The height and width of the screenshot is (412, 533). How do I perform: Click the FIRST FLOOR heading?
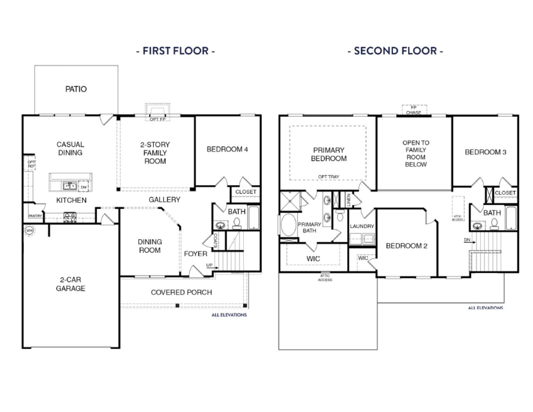(175, 51)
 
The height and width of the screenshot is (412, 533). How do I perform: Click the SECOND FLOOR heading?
(395, 51)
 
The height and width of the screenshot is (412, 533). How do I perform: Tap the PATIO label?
(76, 89)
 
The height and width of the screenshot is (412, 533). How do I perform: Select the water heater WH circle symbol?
(29, 230)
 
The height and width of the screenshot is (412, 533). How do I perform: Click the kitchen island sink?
(70, 186)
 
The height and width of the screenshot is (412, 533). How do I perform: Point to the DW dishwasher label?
(84, 187)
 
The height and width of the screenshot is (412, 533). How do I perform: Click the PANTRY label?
(35, 216)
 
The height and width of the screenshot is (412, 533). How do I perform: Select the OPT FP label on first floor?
(157, 119)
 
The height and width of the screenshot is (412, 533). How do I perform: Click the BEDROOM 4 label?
(227, 149)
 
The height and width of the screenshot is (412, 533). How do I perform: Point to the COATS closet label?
(215, 241)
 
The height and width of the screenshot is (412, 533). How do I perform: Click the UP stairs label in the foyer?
(209, 265)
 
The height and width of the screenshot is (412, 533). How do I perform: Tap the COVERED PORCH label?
(181, 292)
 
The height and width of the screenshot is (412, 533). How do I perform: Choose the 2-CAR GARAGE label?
(70, 284)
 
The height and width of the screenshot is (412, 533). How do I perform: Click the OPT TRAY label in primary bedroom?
(329, 177)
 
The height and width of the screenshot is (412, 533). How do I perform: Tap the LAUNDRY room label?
(362, 226)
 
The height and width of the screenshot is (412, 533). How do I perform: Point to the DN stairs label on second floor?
(467, 240)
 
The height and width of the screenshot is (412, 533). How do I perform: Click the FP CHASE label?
(413, 110)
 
